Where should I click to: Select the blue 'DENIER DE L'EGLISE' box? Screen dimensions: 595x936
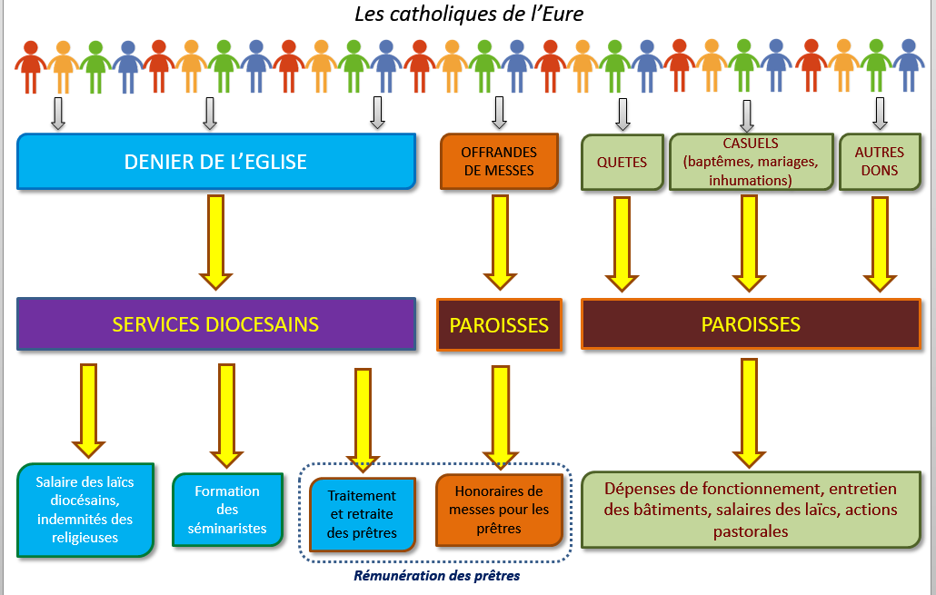click(216, 163)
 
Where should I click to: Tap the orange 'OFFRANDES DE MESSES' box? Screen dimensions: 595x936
click(499, 162)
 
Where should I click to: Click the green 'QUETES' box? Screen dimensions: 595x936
click(622, 163)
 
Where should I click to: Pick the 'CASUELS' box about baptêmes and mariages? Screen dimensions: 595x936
click(751, 163)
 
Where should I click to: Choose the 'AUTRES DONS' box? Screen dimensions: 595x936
click(876, 163)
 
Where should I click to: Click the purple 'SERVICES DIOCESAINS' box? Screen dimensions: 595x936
click(216, 324)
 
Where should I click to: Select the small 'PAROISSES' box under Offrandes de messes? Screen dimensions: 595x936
click(499, 324)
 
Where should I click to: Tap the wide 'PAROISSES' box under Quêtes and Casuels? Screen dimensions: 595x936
click(751, 324)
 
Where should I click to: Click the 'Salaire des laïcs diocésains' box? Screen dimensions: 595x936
click(86, 510)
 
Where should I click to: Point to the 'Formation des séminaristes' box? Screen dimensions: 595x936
click(227, 509)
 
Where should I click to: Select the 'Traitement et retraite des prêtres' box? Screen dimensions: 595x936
click(362, 514)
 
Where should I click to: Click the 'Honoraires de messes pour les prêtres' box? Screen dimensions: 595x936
click(499, 510)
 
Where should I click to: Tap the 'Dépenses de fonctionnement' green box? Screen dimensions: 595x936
click(751, 509)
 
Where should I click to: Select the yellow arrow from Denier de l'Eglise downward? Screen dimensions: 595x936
click(216, 241)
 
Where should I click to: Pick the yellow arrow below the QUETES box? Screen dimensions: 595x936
click(622, 243)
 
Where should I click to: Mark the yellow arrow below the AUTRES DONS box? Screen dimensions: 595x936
click(879, 243)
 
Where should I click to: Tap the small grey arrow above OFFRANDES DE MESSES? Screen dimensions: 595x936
click(499, 113)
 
